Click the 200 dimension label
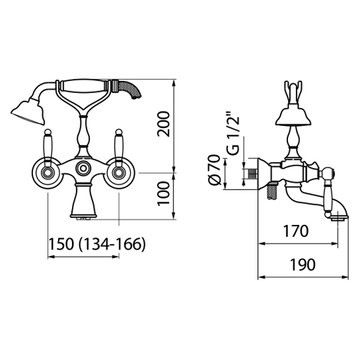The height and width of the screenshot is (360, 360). coord(164,124)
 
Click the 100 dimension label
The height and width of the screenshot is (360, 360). coord(164,194)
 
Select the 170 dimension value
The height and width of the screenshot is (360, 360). coord(295,231)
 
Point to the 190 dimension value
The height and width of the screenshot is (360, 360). coord(302,265)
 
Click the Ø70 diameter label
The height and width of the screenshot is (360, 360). coord(215,170)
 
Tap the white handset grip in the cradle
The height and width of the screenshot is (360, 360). coord(84,85)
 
